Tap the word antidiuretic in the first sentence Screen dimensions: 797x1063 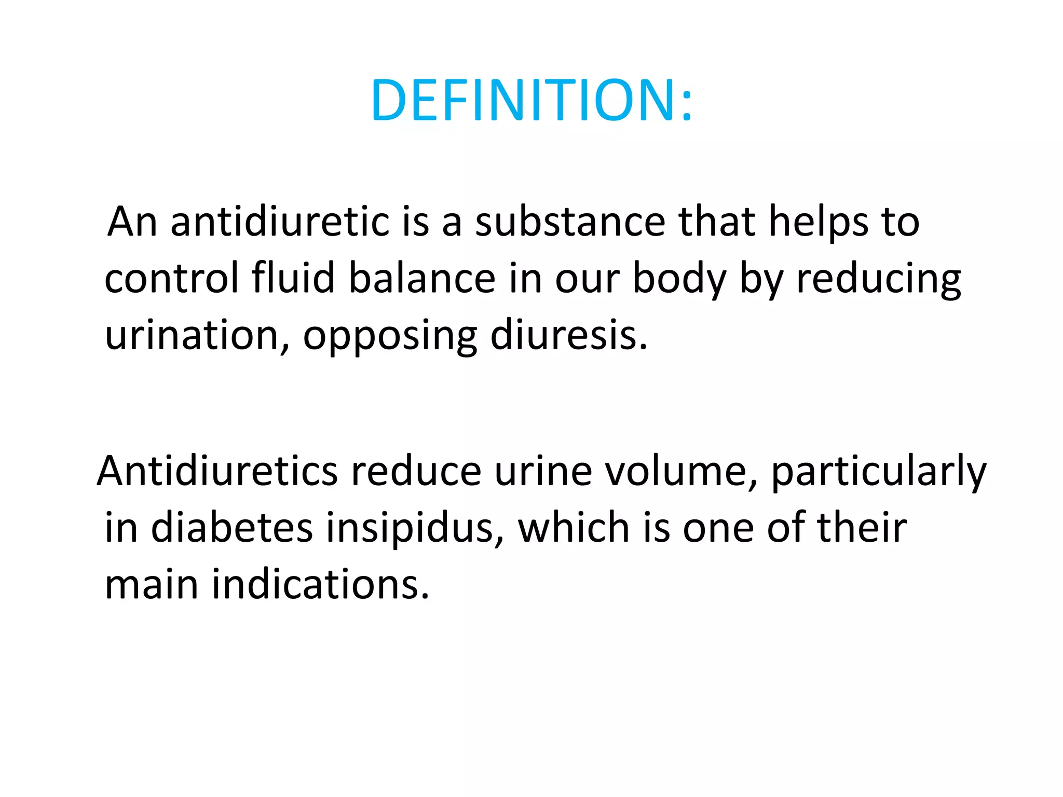point(280,222)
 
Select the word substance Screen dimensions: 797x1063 point(570,222)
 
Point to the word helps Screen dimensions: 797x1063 point(819,222)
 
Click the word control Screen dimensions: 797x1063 point(171,279)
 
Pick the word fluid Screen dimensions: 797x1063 point(293,279)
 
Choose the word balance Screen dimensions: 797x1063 point(422,279)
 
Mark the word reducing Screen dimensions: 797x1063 point(878,279)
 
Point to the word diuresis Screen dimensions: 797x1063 point(568,336)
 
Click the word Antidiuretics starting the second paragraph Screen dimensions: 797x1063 point(218,472)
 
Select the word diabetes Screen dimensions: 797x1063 point(232,528)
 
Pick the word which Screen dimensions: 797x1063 point(574,528)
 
